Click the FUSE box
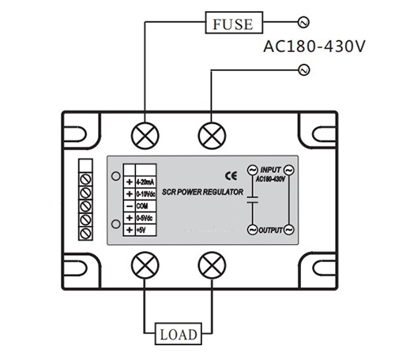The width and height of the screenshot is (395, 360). [x=233, y=23]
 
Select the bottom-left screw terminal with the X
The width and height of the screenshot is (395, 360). [x=145, y=263]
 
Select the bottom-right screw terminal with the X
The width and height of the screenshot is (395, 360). [x=210, y=263]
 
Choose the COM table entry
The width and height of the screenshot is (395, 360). [x=143, y=204]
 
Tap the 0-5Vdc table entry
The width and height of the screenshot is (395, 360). [x=145, y=216]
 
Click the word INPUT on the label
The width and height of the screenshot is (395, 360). [x=271, y=170]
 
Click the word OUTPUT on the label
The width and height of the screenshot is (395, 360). [x=270, y=230]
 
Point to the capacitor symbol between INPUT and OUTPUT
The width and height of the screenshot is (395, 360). [x=253, y=201]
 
